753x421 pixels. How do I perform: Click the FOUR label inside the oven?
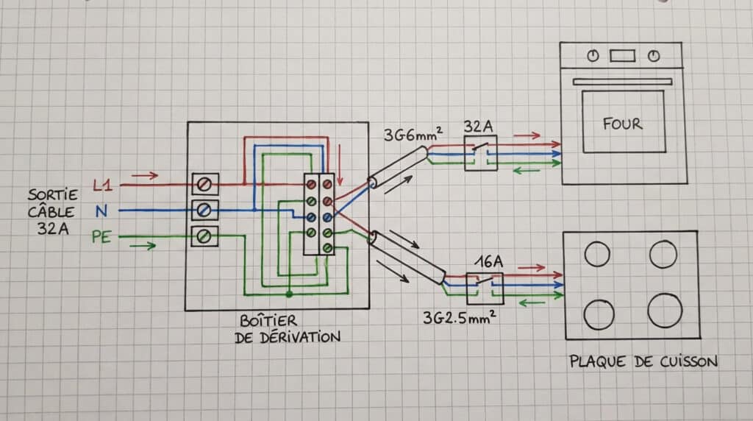coord(622,124)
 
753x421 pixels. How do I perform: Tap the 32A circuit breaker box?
coord(480,153)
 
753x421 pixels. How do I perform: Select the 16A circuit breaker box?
coord(485,288)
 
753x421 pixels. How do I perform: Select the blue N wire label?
coord(101,212)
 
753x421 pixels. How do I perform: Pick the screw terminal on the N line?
coord(205,210)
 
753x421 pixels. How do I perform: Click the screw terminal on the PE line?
coord(205,236)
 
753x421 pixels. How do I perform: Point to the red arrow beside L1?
coord(145,175)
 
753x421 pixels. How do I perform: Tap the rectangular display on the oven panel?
coord(622,55)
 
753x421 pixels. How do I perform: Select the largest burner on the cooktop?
coord(665,310)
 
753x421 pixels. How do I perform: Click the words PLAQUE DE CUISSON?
coord(643,361)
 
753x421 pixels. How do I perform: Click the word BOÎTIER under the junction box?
coord(268,322)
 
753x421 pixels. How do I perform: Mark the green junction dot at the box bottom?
coord(289,294)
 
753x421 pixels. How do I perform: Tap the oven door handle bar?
coord(622,82)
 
